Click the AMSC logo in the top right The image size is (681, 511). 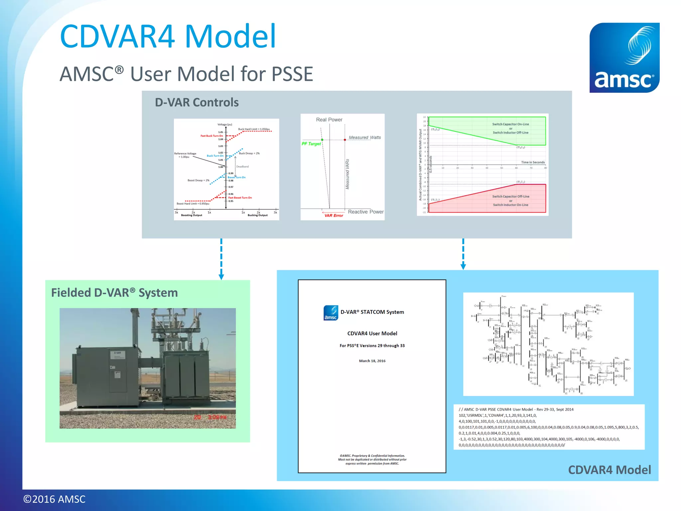point(624,58)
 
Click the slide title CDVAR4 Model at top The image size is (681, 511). point(168,36)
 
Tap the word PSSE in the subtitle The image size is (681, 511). point(292,74)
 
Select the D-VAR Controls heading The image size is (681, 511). point(197,102)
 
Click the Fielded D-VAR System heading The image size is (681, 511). point(114,293)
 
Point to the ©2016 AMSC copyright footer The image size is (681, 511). point(54,499)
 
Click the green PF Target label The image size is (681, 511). point(311,144)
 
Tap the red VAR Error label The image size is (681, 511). point(334,216)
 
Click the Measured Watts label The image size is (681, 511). point(364,137)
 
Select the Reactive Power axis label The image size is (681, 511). point(365,212)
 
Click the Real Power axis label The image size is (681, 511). point(329,119)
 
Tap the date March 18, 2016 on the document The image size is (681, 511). point(372,361)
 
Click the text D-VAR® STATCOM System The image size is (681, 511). point(372,312)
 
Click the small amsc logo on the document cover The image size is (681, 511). point(331,313)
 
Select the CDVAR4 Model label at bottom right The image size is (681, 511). point(609,470)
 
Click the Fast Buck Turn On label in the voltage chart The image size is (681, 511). point(211,136)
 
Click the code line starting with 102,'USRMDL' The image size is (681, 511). point(497,415)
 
